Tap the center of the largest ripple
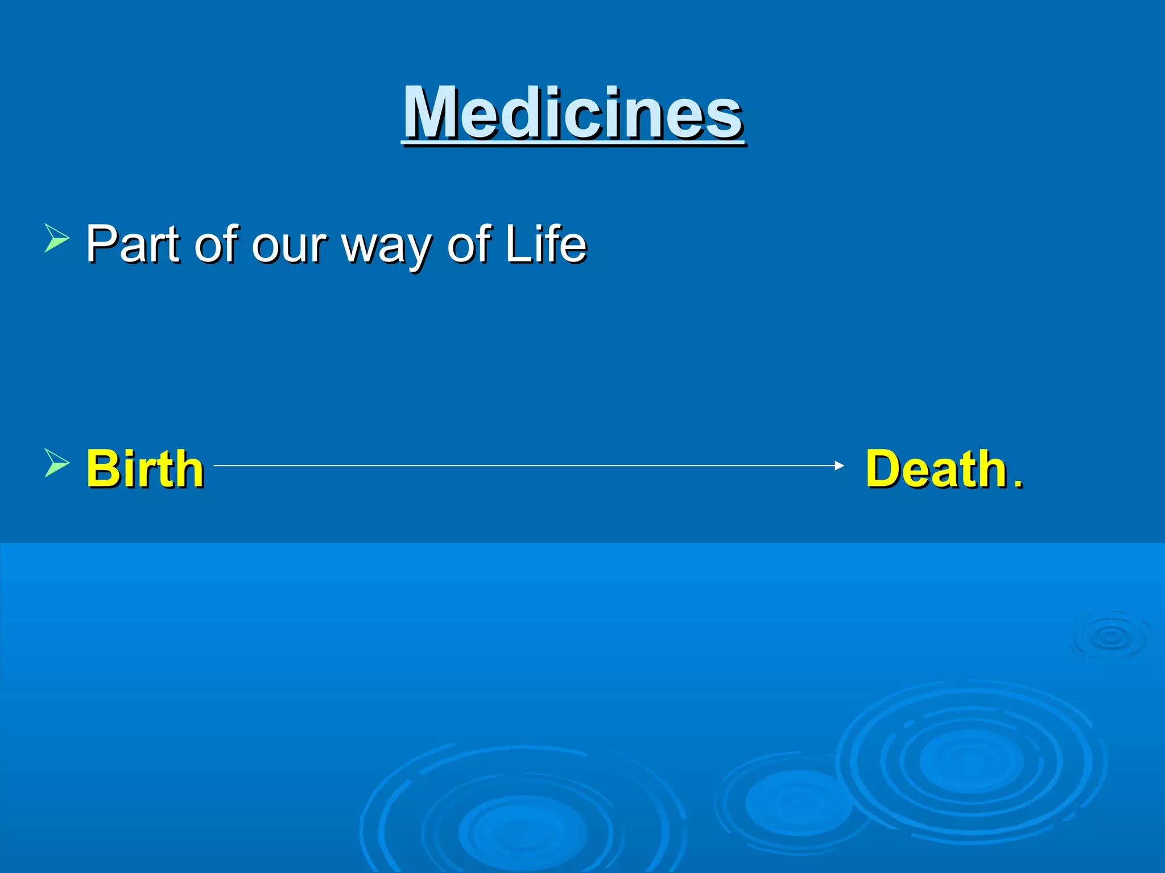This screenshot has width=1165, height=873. [970, 762]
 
